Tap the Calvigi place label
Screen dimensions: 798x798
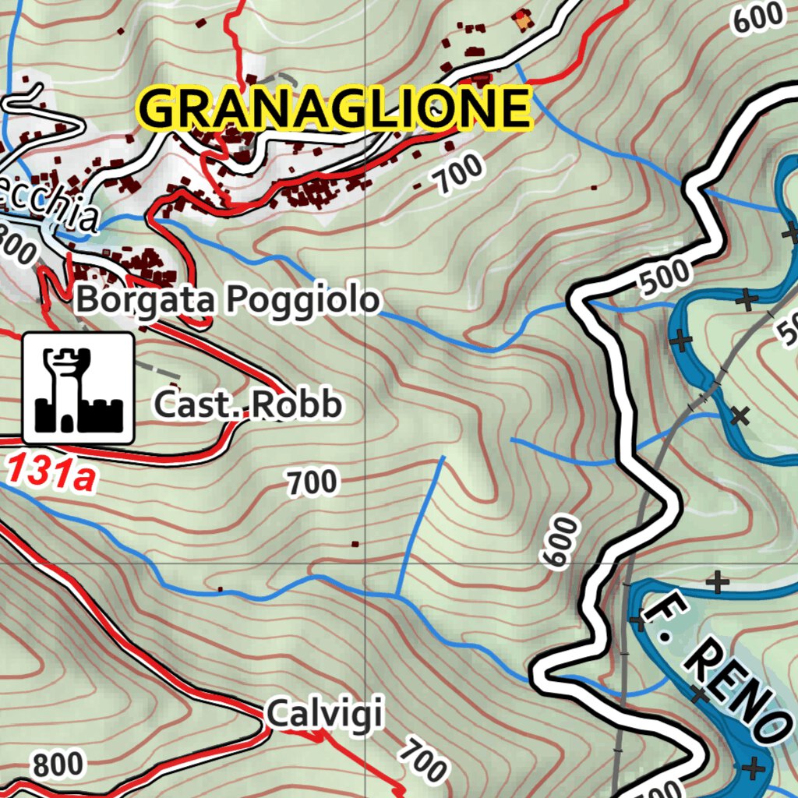point(324,713)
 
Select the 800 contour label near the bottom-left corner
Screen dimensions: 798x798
point(58,764)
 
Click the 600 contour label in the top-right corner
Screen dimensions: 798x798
point(757,17)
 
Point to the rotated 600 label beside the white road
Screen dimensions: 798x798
point(560,542)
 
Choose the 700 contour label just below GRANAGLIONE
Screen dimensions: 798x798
point(459,175)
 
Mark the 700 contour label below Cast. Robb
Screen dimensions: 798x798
point(312,483)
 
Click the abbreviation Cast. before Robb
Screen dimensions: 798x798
point(187,405)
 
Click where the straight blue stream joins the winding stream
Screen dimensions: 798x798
point(397,595)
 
